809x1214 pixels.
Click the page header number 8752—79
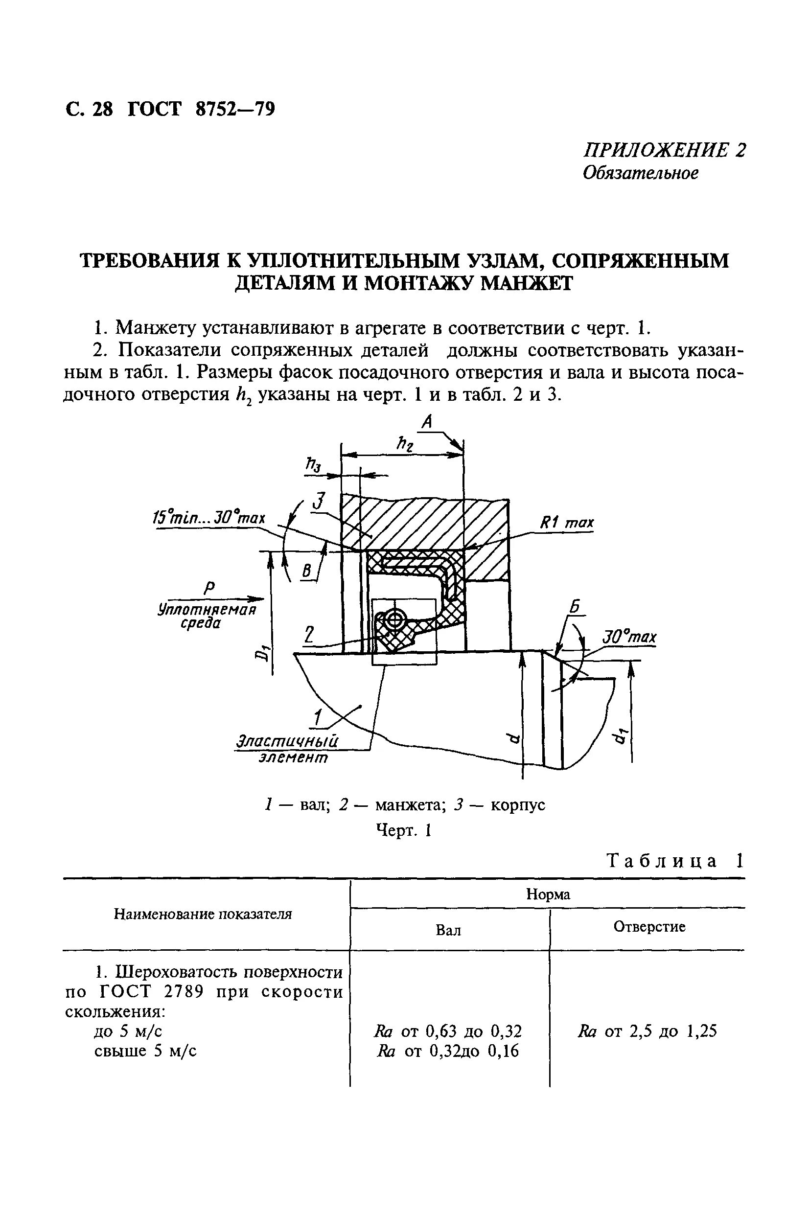[x=235, y=109]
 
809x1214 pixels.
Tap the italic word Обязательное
[x=640, y=173]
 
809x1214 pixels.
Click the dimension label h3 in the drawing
[x=313, y=465]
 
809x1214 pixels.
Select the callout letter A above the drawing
[x=426, y=422]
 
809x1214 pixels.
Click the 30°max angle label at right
[x=629, y=638]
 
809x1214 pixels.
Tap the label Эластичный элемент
[x=287, y=749]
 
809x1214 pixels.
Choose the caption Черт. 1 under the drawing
[x=403, y=830]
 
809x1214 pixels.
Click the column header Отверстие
[x=649, y=927]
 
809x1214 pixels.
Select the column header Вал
[x=448, y=930]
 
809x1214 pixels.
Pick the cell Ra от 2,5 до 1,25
[x=647, y=1031]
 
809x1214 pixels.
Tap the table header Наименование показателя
[x=203, y=915]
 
